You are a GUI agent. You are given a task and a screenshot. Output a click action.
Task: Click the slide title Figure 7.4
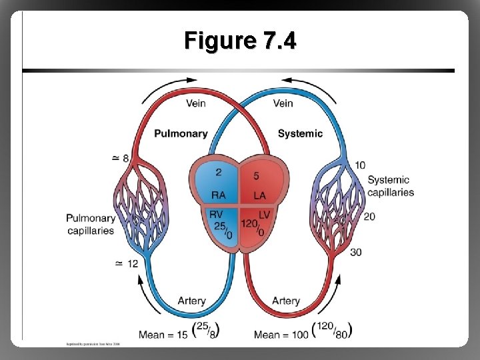[x=240, y=41]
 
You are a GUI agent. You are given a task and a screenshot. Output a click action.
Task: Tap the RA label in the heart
[x=219, y=195]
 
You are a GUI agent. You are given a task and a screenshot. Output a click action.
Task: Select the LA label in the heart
[x=260, y=195]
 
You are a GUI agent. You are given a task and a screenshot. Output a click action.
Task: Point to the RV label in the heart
[x=217, y=215]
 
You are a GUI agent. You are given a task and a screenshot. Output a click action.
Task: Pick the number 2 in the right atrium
[x=218, y=173]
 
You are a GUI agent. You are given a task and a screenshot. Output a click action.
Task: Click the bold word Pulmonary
[x=181, y=133]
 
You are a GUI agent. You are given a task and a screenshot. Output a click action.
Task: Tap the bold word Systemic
[x=300, y=133]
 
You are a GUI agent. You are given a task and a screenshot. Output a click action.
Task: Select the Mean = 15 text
[x=163, y=333]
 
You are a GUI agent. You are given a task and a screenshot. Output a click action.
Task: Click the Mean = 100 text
[x=281, y=333]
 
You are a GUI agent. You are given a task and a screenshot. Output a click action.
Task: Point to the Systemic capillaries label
[x=390, y=186]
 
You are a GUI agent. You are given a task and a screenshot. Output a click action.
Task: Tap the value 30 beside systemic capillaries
[x=356, y=252]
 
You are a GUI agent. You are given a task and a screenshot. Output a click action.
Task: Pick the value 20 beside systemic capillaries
[x=371, y=217]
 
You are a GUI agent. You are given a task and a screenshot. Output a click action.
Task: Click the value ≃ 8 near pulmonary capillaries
[x=121, y=158]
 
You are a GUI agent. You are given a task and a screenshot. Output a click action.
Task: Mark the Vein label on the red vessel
[x=195, y=103]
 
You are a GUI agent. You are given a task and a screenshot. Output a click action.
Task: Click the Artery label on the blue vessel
[x=191, y=301]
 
